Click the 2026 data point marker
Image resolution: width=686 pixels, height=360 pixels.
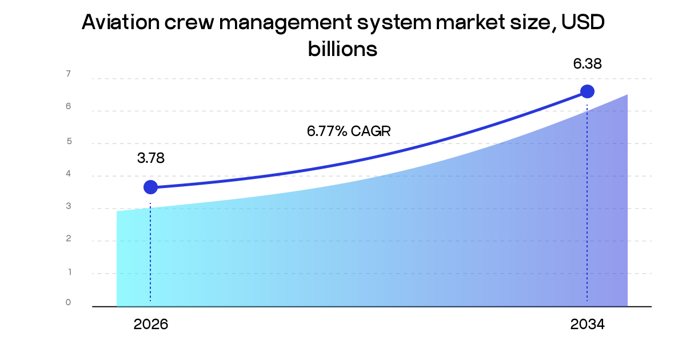pos(150,187)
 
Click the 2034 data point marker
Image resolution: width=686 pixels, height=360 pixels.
pos(587,91)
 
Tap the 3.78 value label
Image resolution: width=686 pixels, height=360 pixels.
pos(150,158)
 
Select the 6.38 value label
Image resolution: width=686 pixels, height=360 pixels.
pos(588,64)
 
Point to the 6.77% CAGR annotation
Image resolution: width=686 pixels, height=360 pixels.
pos(349,131)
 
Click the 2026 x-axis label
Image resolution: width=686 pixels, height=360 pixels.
pos(151,325)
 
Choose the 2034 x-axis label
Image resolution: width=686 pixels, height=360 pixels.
pos(587,325)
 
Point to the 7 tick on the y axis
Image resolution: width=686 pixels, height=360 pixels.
pos(68,74)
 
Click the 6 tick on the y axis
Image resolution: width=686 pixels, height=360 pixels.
pos(68,106)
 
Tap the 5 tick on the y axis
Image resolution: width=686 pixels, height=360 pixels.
pos(68,141)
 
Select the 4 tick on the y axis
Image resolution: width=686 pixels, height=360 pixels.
pos(68,174)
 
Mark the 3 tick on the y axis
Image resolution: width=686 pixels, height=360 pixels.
pos(68,206)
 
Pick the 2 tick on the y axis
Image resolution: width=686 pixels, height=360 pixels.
pos(68,239)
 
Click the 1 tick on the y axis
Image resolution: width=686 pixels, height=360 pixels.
pos(68,272)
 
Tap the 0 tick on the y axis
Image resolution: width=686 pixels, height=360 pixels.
pos(68,303)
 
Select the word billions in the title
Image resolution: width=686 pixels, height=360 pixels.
pos(342,49)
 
